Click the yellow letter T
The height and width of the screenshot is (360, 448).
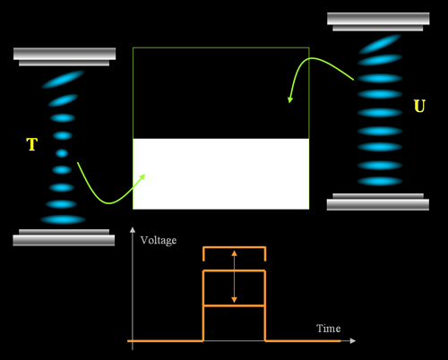32,144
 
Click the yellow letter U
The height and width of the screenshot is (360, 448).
419,106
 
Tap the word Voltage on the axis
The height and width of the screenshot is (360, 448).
159,241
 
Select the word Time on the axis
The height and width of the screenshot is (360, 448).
329,329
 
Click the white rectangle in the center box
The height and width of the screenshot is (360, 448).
221,174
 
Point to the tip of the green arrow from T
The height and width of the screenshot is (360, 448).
145,175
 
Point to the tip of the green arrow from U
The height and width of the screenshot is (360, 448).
289,103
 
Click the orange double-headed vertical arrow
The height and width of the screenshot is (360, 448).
234,277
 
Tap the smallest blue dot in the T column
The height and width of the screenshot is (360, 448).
62,153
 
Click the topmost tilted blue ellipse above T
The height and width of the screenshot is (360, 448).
63,80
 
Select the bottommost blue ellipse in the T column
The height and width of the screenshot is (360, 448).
63,219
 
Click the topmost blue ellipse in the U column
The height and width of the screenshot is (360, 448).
380,44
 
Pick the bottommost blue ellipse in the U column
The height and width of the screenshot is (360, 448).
380,181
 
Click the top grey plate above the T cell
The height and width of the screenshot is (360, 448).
65,56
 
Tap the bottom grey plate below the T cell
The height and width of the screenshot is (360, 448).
64,237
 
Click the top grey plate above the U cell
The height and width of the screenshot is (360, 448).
378,21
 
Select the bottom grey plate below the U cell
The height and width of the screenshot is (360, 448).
378,201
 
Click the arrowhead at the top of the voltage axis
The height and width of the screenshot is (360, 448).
133,229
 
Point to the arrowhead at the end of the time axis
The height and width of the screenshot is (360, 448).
353,340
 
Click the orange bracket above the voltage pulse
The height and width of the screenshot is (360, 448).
235,247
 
